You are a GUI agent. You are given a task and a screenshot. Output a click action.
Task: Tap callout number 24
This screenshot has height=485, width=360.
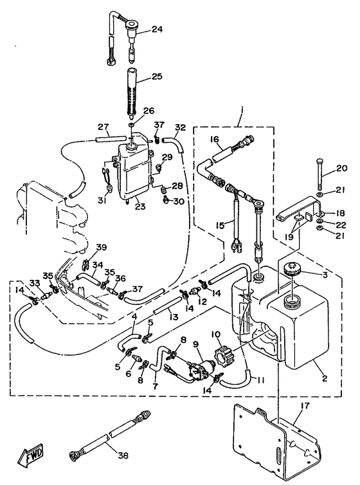pos(157,30)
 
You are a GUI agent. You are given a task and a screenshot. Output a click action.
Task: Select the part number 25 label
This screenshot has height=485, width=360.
pos(157,76)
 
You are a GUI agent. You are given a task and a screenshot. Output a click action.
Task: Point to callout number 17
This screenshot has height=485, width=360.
pos(305,406)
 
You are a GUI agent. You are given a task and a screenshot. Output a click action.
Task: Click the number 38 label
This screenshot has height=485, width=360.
pos(123,455)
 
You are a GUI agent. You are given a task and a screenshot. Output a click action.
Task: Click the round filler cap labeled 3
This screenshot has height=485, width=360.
pos(291,268)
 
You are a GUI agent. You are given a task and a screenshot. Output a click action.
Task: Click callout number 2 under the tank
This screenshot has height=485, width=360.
pos(324,378)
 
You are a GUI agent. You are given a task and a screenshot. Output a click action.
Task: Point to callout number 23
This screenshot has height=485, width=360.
pos(140,206)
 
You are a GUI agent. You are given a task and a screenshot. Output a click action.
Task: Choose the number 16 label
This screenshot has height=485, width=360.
pos(215,140)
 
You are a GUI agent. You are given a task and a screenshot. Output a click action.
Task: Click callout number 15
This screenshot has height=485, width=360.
pos(220,226)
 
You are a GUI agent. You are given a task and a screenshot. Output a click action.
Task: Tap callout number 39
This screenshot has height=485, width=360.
pos(101,248)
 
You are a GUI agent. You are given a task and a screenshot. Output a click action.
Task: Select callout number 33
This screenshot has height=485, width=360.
pos(35,283)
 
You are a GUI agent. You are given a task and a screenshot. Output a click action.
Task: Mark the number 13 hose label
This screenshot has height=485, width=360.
pos(174,317)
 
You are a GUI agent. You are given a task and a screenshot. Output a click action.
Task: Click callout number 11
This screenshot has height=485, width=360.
pos(260,380)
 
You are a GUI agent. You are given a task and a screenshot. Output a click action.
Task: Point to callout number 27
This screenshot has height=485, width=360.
pos(104,127)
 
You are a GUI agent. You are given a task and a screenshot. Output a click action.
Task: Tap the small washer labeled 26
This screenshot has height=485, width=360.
pos(131,124)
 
